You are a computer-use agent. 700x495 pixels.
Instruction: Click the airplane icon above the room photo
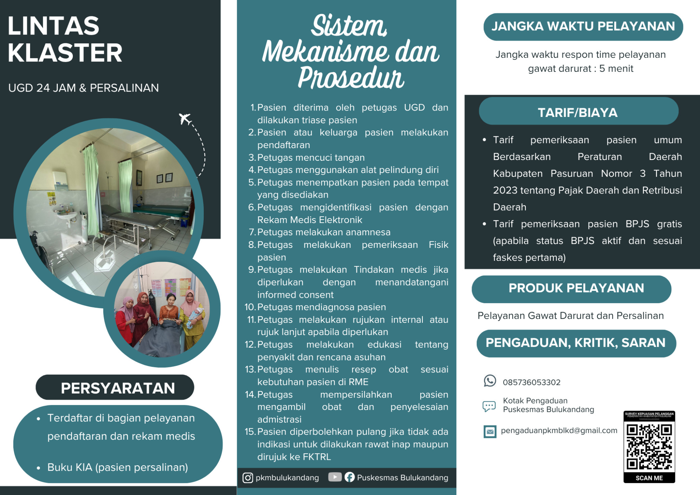(185, 119)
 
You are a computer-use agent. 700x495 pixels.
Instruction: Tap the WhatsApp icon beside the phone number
(489, 381)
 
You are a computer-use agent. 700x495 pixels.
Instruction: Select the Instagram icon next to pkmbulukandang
(247, 478)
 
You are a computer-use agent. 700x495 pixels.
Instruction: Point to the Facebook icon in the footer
(349, 477)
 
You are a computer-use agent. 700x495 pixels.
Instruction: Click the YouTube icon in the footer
(335, 477)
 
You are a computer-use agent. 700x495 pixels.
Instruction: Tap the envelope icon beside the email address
(490, 431)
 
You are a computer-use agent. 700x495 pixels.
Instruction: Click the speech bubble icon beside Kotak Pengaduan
(489, 406)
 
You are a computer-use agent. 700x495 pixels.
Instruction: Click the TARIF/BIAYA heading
(578, 112)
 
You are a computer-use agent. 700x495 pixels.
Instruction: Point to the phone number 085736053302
(531, 382)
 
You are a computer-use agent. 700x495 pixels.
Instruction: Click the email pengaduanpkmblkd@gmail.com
(559, 430)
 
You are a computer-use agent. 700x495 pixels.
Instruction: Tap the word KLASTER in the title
(65, 53)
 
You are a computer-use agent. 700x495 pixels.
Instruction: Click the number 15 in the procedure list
(250, 432)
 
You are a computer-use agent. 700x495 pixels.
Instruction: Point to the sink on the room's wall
(67, 215)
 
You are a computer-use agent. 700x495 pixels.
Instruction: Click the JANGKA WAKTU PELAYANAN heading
(583, 26)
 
